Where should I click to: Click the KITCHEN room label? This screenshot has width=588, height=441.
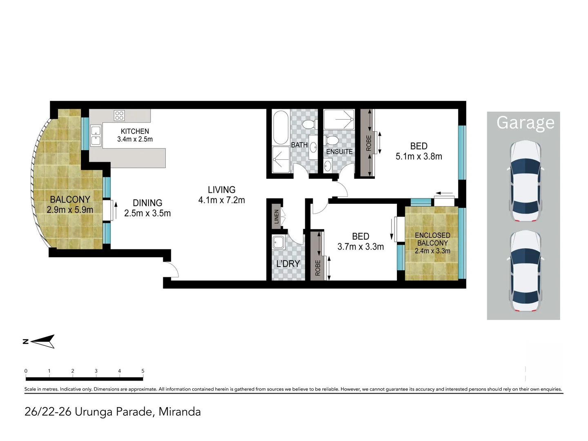click(x=135, y=131)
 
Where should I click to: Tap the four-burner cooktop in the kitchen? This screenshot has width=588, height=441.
click(x=119, y=116)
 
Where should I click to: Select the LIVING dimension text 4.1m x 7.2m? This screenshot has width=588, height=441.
click(x=221, y=200)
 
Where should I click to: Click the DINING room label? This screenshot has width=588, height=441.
click(x=147, y=203)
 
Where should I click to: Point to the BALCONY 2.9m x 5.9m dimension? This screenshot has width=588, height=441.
click(x=70, y=210)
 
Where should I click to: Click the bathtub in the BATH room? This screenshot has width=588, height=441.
click(x=281, y=127)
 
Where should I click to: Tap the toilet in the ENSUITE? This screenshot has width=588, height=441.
click(x=332, y=141)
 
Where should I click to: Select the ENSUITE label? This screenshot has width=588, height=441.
click(x=339, y=151)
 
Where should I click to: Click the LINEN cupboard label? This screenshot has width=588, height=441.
click(x=276, y=216)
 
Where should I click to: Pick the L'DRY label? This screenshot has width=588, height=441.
click(x=288, y=264)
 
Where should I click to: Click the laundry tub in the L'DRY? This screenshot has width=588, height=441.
click(x=279, y=242)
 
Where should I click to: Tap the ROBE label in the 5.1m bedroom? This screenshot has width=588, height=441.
click(x=369, y=143)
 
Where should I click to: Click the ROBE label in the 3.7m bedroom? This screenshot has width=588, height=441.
click(x=318, y=268)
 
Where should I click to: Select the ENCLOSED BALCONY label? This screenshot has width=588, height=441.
click(x=432, y=239)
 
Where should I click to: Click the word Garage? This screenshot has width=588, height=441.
click(x=525, y=122)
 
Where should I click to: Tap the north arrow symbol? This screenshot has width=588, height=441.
click(x=42, y=341)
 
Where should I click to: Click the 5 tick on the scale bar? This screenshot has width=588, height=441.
click(x=143, y=371)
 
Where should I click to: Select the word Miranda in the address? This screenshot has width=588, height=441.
click(x=180, y=412)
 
